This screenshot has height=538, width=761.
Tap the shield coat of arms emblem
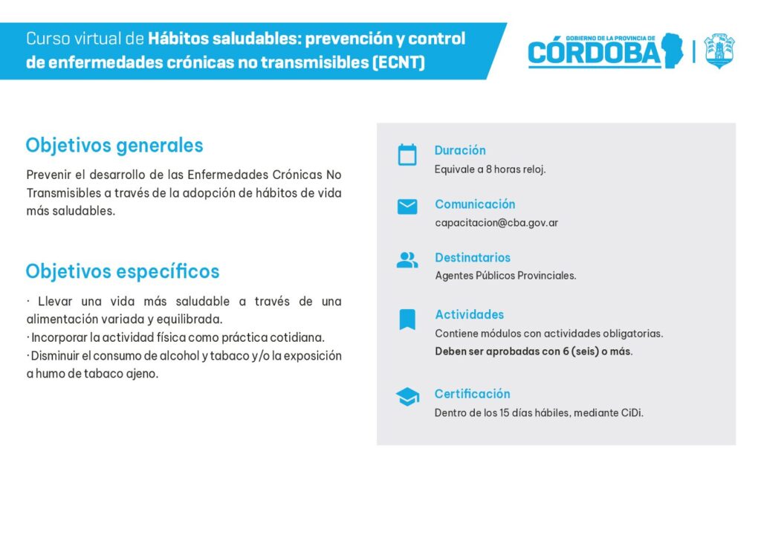click(x=719, y=51)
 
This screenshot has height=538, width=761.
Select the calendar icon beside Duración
click(x=407, y=155)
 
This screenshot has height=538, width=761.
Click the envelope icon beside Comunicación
click(x=407, y=207)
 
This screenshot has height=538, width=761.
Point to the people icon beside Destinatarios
click(x=407, y=260)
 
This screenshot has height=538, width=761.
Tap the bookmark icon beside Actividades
click(x=407, y=320)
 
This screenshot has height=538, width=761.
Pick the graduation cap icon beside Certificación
click(x=408, y=397)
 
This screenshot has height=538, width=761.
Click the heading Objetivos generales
click(x=114, y=146)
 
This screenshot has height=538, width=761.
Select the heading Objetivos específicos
click(x=123, y=272)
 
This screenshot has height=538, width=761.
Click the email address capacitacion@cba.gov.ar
click(x=496, y=223)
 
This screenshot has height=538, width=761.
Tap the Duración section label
click(x=460, y=150)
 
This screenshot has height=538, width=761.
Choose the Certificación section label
click(x=472, y=394)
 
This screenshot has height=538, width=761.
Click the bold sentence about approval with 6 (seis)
click(x=534, y=351)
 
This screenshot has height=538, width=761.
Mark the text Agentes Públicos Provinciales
click(x=505, y=276)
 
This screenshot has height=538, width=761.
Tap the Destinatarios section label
click(x=473, y=258)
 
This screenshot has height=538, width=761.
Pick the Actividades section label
click(x=470, y=315)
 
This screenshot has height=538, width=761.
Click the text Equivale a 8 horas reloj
click(x=490, y=169)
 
